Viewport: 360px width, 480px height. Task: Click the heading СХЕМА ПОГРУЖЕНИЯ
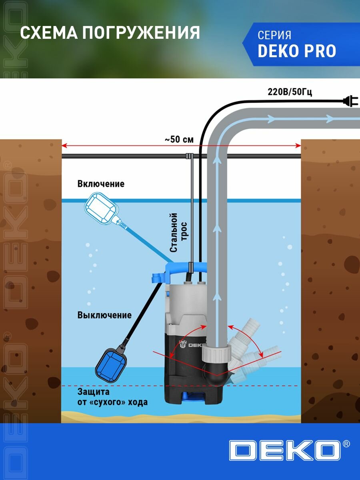110,33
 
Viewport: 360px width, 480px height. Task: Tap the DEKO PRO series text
297,51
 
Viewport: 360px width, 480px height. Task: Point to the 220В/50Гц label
290,92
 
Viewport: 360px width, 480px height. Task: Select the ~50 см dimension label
179,140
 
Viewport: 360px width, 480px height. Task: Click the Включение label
101,184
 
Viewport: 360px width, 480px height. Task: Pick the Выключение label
104,315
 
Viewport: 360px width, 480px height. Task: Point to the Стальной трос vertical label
178,233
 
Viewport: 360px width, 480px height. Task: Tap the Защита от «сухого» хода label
112,397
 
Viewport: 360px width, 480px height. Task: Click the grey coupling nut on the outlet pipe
216,354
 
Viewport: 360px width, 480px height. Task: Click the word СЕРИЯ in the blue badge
274,35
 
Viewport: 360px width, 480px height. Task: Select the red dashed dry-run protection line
256,386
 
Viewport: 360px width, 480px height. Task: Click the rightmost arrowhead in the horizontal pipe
329,119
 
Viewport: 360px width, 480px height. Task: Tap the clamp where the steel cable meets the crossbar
190,156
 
